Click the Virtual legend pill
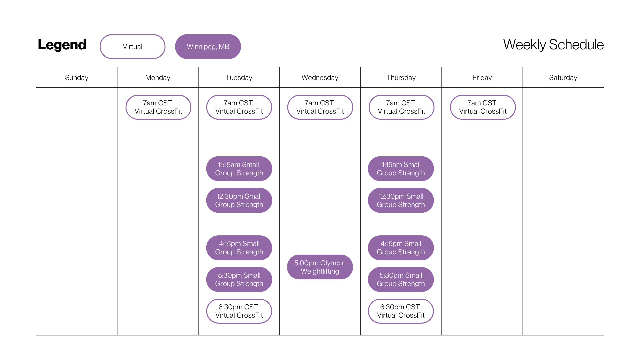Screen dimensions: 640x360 coord(132,47)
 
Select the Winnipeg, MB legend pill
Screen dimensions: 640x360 coord(208,47)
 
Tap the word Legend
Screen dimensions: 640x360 coord(62,45)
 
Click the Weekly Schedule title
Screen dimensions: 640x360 coord(553,45)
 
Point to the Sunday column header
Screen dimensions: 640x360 coord(77,78)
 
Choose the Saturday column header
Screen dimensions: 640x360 coord(563,78)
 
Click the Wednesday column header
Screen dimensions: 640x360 coord(320,78)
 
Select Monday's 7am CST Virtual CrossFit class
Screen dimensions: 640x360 coord(158,107)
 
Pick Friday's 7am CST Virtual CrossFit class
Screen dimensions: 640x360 coord(483,107)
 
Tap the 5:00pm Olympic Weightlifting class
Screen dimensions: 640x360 coord(320,267)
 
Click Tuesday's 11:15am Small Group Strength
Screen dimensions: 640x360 coord(239,169)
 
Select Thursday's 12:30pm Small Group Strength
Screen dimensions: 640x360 coord(401,200)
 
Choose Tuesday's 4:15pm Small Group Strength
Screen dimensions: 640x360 coord(239,248)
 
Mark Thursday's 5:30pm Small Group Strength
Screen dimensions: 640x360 coord(401,279)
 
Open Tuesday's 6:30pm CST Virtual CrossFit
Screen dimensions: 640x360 coord(239,311)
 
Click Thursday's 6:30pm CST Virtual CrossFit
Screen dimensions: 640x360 coord(401,311)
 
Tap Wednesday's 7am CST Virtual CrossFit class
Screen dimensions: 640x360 coord(320,107)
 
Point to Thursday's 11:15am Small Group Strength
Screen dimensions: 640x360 coord(401,169)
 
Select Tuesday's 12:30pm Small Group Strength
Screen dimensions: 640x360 coord(239,200)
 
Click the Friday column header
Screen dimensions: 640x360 coord(482,78)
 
